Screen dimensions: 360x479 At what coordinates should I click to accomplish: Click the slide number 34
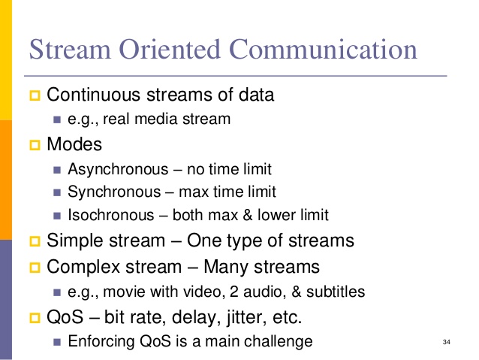click(447, 343)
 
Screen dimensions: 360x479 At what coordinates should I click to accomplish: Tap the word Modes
click(74, 144)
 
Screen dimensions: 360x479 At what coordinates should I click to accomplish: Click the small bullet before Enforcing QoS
click(58, 341)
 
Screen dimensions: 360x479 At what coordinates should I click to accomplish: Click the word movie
click(123, 291)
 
